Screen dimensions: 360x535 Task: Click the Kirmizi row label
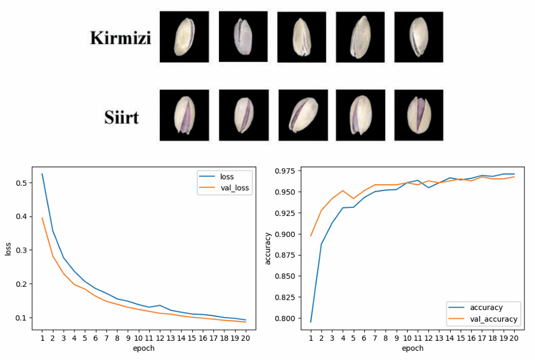pos(120,38)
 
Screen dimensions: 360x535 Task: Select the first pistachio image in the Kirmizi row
pos(184,37)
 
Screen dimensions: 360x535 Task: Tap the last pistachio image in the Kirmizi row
pos(418,37)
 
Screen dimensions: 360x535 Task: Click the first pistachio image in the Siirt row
pos(184,115)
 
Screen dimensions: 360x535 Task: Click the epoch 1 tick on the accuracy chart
pos(310,337)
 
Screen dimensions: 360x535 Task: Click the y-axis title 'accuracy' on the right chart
pos(268,248)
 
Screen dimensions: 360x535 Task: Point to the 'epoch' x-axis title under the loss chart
pos(143,348)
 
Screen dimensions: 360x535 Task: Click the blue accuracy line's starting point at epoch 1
pos(310,322)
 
